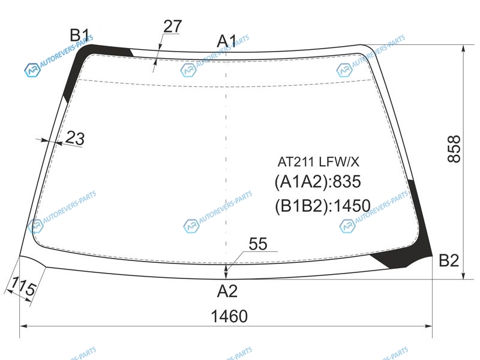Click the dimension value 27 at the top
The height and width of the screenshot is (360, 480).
click(173, 26)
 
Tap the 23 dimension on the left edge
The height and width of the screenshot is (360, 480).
click(75, 138)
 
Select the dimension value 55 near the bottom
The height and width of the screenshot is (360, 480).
click(258, 244)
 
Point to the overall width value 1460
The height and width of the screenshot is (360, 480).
click(229, 316)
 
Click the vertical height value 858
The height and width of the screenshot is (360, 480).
click(454, 149)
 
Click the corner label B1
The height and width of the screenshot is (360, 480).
click(79, 35)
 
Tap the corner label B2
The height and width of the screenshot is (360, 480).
click(449, 260)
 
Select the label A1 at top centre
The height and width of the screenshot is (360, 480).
click(227, 41)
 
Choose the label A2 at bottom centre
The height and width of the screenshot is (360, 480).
click(227, 291)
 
